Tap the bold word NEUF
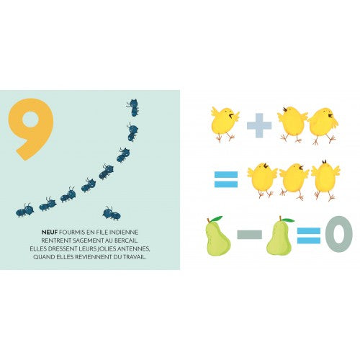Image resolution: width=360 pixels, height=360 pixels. [50, 233]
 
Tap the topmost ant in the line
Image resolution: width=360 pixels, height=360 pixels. [133, 107]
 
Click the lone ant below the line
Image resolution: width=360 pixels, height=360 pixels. [112, 213]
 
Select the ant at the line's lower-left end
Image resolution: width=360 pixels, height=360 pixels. [25, 210]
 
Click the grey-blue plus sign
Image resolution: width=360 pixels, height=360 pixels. [259, 125]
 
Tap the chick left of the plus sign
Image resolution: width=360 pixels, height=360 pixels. [225, 124]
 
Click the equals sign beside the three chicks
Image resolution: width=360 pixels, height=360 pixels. [226, 179]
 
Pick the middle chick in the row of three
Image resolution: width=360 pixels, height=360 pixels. [294, 181]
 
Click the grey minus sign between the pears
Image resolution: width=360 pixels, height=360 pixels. [249, 235]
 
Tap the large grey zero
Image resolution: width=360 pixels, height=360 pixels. [338, 234]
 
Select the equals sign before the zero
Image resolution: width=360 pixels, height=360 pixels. [309, 235]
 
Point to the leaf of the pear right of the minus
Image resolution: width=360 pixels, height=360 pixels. [289, 220]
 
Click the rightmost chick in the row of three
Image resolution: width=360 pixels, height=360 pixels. [325, 179]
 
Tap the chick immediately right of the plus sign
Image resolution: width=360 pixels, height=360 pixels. [292, 124]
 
